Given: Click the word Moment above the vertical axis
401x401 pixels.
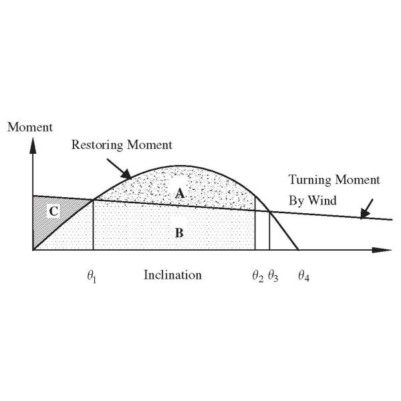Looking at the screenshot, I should [26, 128].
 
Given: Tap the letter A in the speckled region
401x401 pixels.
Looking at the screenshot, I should [180, 192].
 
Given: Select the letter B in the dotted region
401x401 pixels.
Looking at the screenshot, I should [180, 233].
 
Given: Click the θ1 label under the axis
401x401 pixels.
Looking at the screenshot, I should [91, 275].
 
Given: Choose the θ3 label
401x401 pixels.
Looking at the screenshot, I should [273, 275].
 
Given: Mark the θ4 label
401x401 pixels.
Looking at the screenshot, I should [304, 275].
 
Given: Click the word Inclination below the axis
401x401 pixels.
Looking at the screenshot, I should [172, 275].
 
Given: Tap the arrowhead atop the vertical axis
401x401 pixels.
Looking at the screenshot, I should [32, 145].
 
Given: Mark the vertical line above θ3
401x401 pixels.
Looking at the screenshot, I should [269, 231].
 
